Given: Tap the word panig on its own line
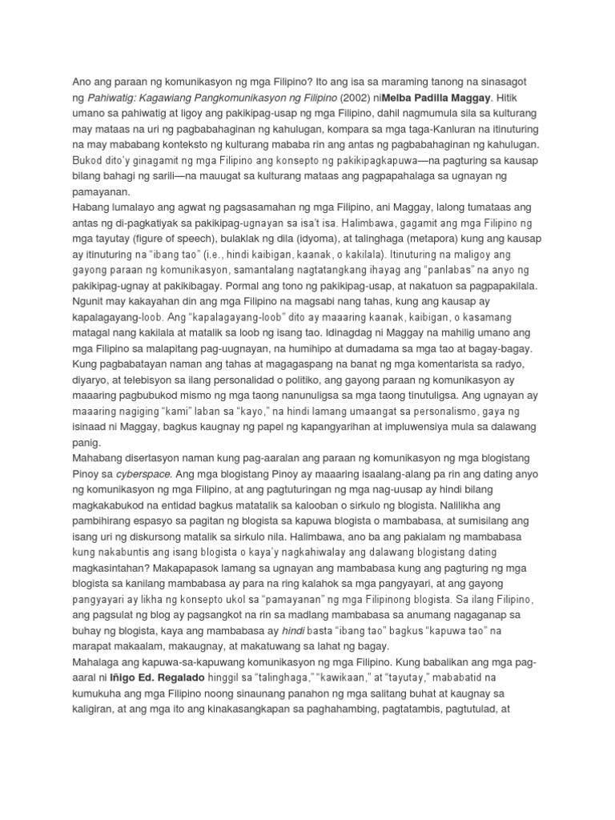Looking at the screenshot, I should (x=86, y=442).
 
